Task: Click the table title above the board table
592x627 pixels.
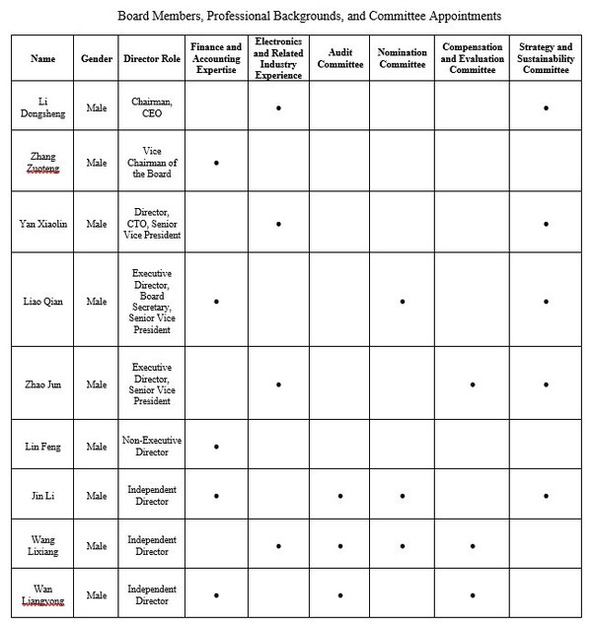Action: (309, 16)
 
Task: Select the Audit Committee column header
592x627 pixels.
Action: (340, 58)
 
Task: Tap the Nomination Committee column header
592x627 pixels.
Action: (403, 58)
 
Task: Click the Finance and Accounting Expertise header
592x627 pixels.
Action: (216, 58)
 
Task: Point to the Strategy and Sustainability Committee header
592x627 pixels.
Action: (546, 58)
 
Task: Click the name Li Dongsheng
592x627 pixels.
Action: (43, 107)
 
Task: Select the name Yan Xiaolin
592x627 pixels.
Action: (43, 224)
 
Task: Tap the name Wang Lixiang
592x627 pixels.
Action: (43, 545)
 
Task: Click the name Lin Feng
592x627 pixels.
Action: (43, 447)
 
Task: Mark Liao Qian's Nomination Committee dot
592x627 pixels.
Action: (403, 301)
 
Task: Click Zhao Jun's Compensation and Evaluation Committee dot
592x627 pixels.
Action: (474, 384)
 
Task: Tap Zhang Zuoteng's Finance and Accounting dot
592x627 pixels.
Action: (216, 162)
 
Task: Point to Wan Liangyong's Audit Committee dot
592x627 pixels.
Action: (340, 595)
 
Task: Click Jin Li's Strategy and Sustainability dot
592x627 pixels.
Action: (546, 496)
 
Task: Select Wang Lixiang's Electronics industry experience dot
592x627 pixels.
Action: (279, 545)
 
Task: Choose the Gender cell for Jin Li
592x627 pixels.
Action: (97, 496)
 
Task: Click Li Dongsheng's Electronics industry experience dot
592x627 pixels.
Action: (279, 107)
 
